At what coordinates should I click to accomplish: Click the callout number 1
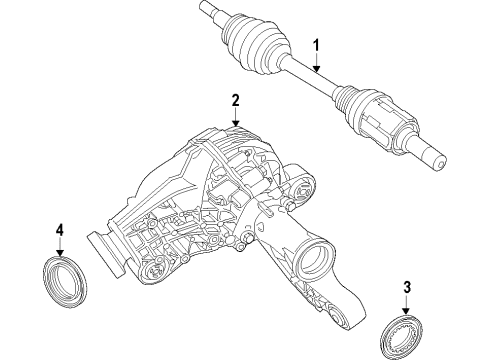(316, 45)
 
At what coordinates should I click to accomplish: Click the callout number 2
(235, 100)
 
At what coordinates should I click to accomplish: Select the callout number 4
(59, 232)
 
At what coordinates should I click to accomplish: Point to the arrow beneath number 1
(316, 62)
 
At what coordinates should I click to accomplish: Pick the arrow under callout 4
(59, 250)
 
